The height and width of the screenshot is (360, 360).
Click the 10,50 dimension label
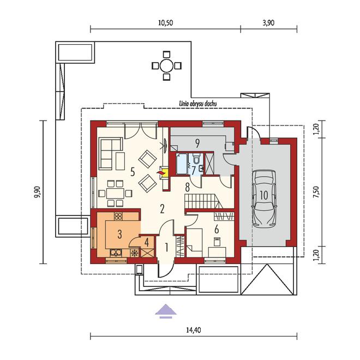(165, 23)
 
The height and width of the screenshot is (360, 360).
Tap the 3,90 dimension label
(268, 23)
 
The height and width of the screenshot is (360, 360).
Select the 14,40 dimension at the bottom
(194, 330)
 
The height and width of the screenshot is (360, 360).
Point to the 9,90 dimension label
(37, 192)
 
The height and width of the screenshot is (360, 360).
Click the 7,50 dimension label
(316, 192)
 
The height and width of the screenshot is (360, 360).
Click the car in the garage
(264, 199)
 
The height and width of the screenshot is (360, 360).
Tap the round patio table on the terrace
(166, 66)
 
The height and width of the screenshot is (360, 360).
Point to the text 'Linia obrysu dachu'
(198, 104)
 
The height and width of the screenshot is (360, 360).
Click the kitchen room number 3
(119, 234)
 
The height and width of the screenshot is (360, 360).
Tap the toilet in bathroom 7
(196, 158)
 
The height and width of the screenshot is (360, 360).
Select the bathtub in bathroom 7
(182, 164)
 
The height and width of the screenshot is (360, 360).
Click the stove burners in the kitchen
(118, 216)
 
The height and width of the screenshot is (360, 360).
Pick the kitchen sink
(116, 253)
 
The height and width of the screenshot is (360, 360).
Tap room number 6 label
(217, 229)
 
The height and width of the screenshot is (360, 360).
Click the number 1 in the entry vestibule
(167, 248)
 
